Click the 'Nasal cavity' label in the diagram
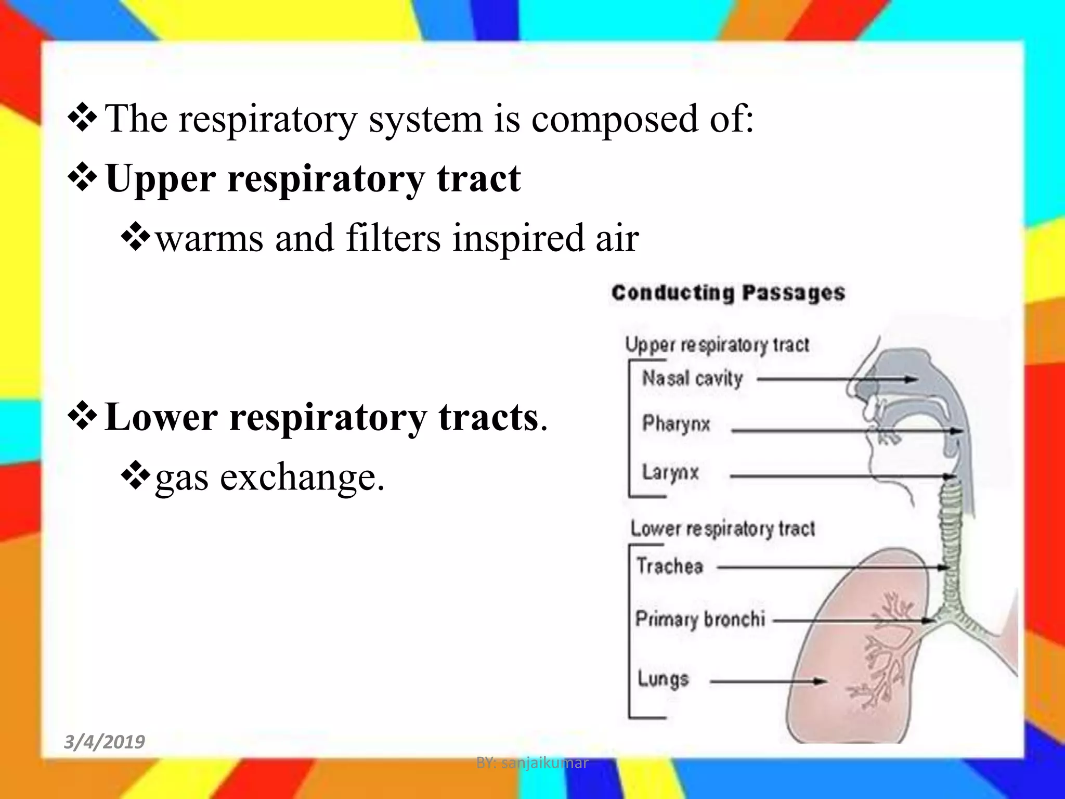click(x=692, y=378)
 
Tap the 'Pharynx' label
click(x=676, y=424)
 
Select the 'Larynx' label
click(x=670, y=472)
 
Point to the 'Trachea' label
click(x=670, y=566)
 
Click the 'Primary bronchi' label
click(x=700, y=619)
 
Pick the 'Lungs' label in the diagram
click(x=663, y=679)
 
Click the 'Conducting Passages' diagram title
click(x=728, y=293)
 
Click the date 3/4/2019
click(x=104, y=741)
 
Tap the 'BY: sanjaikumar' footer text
click(x=532, y=763)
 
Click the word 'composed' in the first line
click(x=614, y=119)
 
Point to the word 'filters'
click(x=393, y=238)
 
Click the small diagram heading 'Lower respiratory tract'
click(x=722, y=529)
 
